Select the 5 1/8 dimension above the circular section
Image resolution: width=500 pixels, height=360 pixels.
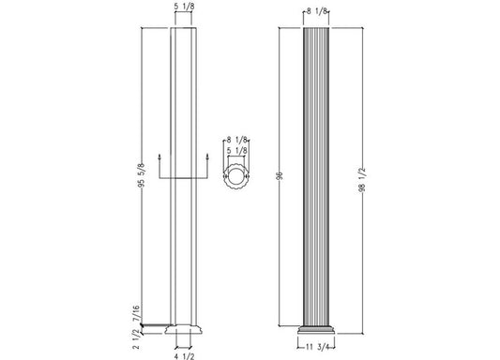pos(237,149)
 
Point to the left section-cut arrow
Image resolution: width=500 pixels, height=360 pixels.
pos(160,158)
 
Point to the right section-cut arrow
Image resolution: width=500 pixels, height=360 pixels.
pos(207,158)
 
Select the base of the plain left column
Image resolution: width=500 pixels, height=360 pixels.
pos(184,330)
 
